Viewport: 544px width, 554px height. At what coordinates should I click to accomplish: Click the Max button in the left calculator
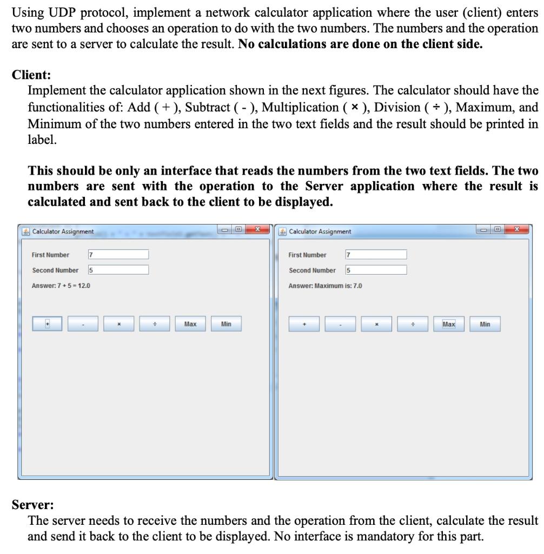coord(190,324)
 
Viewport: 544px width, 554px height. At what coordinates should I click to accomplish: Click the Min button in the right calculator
coord(485,324)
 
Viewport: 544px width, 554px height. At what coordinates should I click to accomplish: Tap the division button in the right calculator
coord(413,324)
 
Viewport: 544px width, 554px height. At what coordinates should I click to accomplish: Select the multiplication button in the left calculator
coord(118,324)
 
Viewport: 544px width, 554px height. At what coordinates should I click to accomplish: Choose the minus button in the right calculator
coord(340,324)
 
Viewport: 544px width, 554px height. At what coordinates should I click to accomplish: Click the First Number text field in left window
coord(118,255)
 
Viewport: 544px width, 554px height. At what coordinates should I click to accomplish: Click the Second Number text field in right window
coord(375,270)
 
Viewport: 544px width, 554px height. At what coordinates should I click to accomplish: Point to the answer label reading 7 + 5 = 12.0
coord(61,286)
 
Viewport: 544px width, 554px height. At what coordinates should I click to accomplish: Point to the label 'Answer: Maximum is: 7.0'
coord(325,286)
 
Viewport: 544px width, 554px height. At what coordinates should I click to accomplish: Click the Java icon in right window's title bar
coord(283,232)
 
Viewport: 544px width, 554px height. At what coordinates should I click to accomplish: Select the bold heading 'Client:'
coord(31,75)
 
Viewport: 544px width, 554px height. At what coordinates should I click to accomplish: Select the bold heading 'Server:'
coord(33,505)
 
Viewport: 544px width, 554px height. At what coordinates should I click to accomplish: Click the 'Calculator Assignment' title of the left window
coord(63,232)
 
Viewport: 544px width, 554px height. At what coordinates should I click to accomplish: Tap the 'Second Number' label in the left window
coord(55,270)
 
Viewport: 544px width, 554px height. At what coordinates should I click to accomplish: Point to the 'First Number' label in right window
coord(307,255)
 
